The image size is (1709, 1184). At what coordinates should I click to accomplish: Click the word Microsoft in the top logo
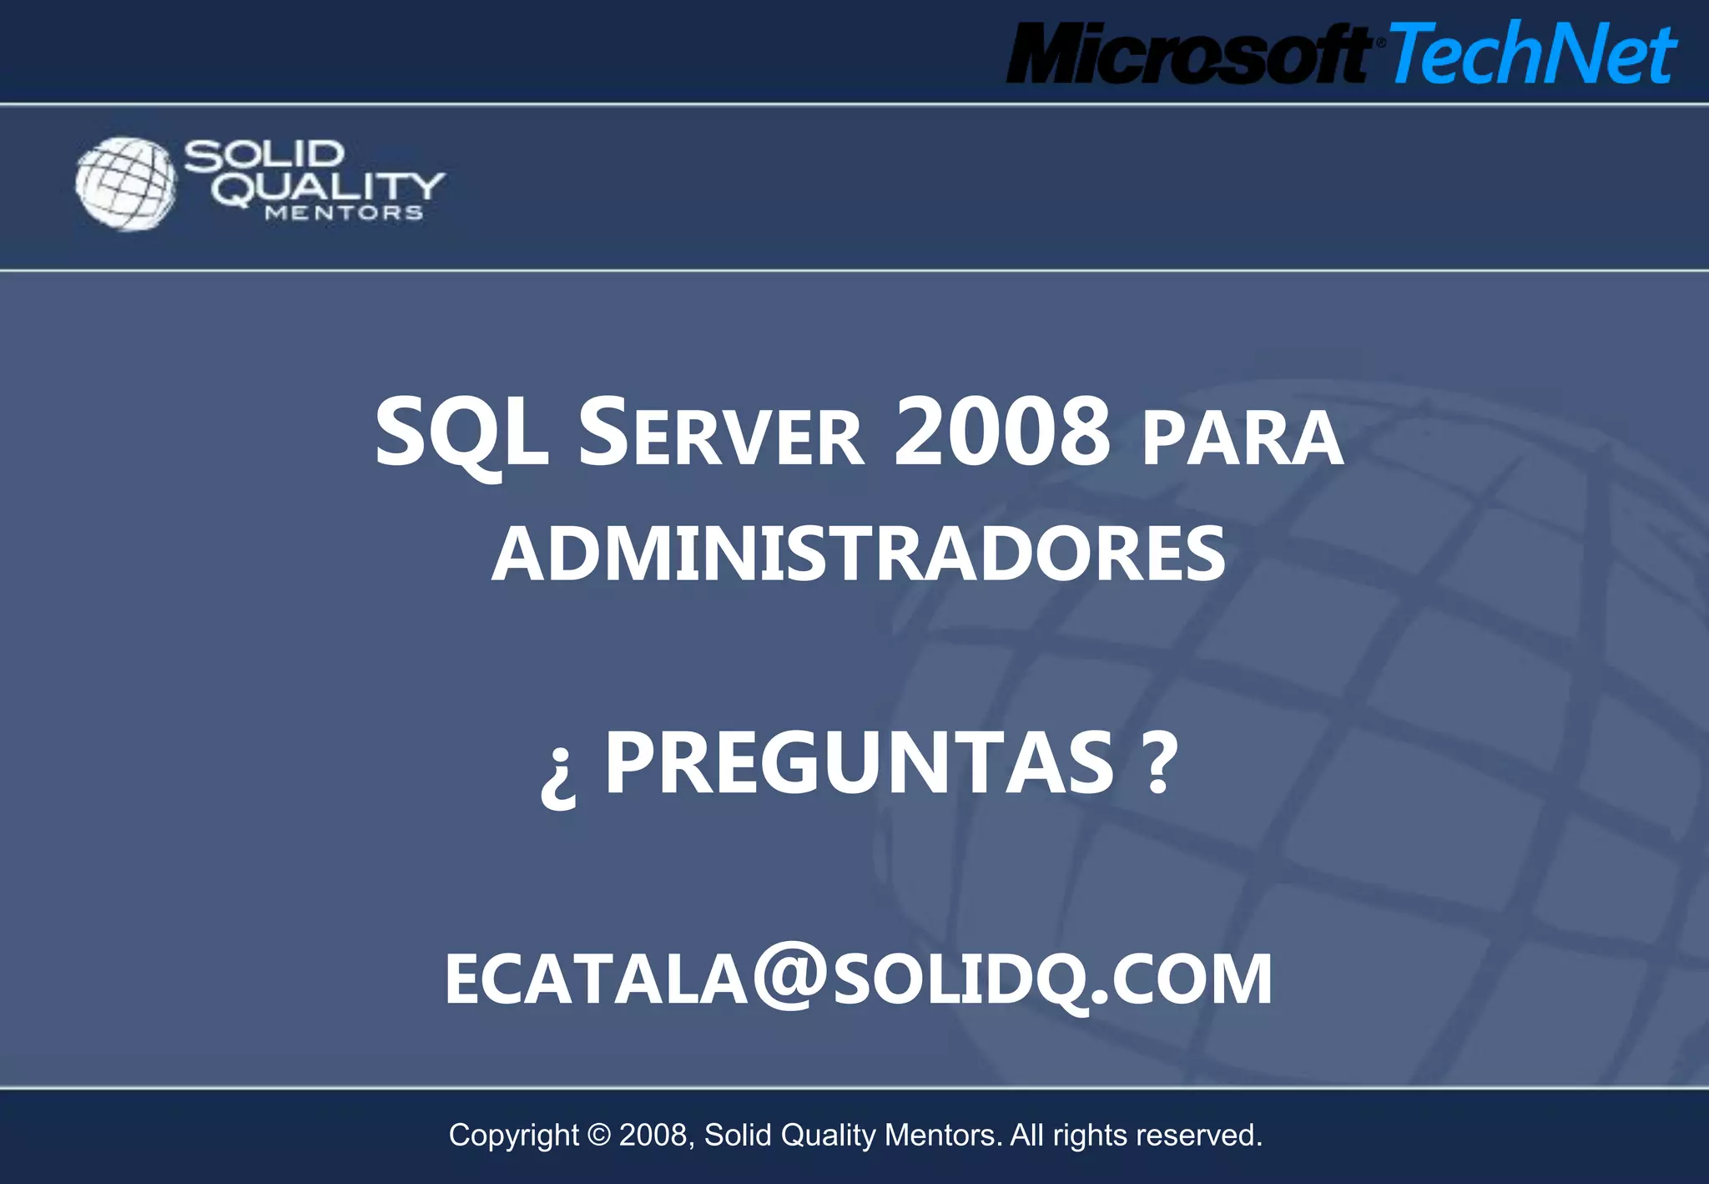[x=1187, y=54]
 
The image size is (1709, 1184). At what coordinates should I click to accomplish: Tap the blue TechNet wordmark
[x=1532, y=54]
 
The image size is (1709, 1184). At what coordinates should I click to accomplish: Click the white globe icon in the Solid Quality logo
[x=125, y=184]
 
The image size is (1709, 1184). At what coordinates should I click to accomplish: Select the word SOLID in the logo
[x=264, y=155]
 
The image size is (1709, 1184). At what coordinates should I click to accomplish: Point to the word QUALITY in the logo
[x=327, y=188]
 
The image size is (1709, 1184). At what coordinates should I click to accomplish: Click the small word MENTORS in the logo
[x=344, y=214]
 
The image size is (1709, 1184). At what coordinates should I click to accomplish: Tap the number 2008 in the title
[x=1001, y=433]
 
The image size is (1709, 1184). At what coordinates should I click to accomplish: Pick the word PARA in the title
[x=1243, y=438]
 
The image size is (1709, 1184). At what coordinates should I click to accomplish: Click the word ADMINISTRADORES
[x=859, y=554]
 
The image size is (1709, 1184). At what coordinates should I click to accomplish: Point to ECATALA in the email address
[x=596, y=979]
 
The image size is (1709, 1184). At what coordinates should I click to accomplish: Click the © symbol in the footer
[x=599, y=1136]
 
